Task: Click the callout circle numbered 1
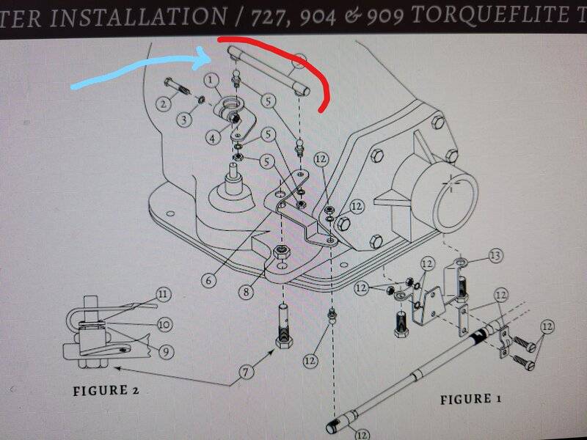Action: pos(211,81)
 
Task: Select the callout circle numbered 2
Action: pos(163,103)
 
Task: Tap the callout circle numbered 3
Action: pos(184,120)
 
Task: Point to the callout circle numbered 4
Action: pos(212,138)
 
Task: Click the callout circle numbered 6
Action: pos(208,279)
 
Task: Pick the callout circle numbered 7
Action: pos(246,372)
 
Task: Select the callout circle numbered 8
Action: pos(246,291)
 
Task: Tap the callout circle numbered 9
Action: pos(166,352)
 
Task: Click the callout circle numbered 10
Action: pos(164,324)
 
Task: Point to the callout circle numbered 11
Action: pos(163,295)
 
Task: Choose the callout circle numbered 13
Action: pos(495,256)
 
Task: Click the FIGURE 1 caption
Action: pos(470,399)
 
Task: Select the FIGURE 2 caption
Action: pos(106,391)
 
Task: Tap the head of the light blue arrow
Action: pos(205,59)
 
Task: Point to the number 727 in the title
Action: pos(267,17)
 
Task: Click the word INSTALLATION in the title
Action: pos(138,17)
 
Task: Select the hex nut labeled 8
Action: pos(280,252)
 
